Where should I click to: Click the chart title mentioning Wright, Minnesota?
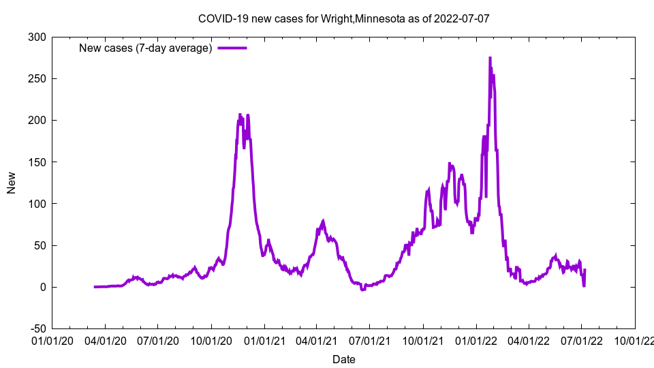(343, 18)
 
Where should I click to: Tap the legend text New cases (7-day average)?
(146, 48)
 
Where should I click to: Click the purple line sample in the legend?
(232, 48)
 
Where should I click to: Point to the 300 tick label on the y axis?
(37, 37)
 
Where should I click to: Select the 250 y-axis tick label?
(37, 78)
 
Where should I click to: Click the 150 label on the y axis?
(37, 162)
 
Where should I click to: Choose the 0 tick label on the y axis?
(43, 287)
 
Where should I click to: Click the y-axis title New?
(12, 183)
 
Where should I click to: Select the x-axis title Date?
(343, 359)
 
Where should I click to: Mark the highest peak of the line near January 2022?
(490, 59)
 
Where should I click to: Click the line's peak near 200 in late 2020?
(240, 114)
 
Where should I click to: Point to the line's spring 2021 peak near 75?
(324, 221)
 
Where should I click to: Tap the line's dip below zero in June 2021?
(363, 290)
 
